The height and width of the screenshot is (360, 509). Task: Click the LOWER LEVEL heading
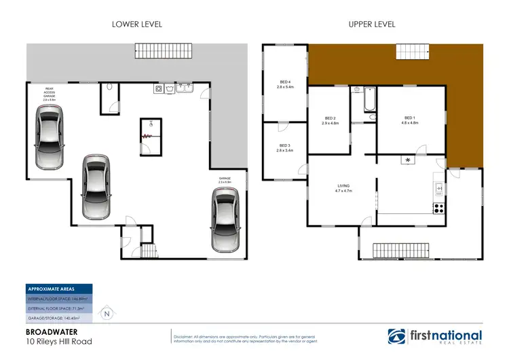coord(136,24)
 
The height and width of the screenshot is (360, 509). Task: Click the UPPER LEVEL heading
coord(372,24)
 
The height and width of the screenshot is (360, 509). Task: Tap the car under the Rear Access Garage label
coord(50,139)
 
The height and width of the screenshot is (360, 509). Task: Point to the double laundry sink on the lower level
coord(184,88)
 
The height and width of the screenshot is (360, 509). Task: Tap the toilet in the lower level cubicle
coord(110,87)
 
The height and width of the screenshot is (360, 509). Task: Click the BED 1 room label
coord(409,120)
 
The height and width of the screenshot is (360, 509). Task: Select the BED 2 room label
coord(330,120)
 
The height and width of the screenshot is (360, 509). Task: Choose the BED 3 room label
coord(284,147)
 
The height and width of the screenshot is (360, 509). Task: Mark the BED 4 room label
coord(284,84)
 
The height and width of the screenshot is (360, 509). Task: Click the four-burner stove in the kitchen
coord(438,206)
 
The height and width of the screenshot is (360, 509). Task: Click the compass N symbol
coord(107,314)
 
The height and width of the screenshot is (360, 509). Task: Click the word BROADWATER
coord(50,332)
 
